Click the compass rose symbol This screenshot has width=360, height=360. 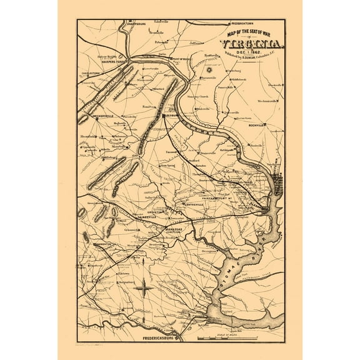pyautogui.click(x=144, y=288)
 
